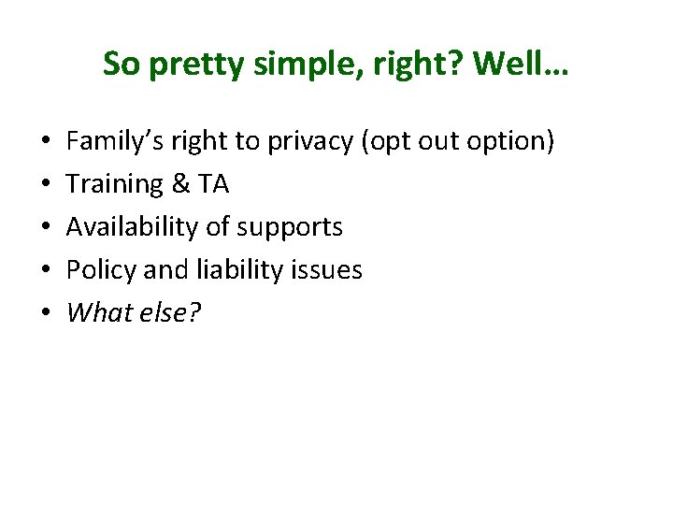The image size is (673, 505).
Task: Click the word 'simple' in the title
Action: [x=281, y=65]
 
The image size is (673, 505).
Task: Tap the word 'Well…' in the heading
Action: [x=523, y=65]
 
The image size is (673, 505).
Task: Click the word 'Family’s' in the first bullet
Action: [x=112, y=141]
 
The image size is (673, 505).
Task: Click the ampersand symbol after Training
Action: [x=181, y=184]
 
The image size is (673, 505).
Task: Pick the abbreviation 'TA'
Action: [x=213, y=184]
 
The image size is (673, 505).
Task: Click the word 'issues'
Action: [x=327, y=270]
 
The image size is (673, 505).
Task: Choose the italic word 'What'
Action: [x=97, y=313]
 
